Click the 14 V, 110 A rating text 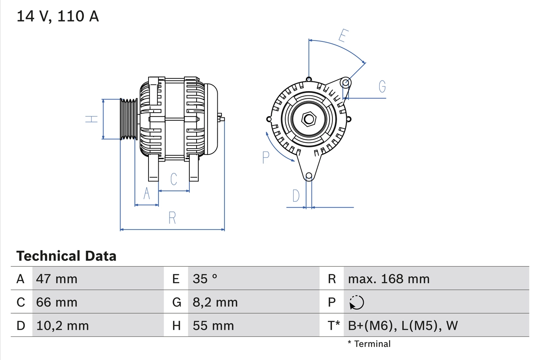pyautogui.click(x=57, y=16)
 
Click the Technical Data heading pyautogui.click(x=66, y=256)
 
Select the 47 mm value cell pyautogui.click(x=57, y=279)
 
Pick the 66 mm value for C pyautogui.click(x=57, y=302)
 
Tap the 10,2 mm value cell pyautogui.click(x=62, y=325)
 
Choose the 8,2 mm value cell pyautogui.click(x=215, y=302)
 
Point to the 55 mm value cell pyautogui.click(x=213, y=325)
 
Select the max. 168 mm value pyautogui.click(x=389, y=279)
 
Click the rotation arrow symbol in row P pyautogui.click(x=356, y=302)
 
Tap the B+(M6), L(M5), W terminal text pyautogui.click(x=402, y=325)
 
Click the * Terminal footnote pyautogui.click(x=369, y=344)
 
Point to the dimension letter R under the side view pyautogui.click(x=172, y=218)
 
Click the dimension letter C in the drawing pyautogui.click(x=173, y=179)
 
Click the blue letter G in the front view pyautogui.click(x=382, y=87)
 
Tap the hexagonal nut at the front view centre pyautogui.click(x=309, y=119)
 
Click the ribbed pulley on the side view pyautogui.click(x=129, y=119)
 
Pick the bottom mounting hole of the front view pyautogui.click(x=309, y=176)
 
